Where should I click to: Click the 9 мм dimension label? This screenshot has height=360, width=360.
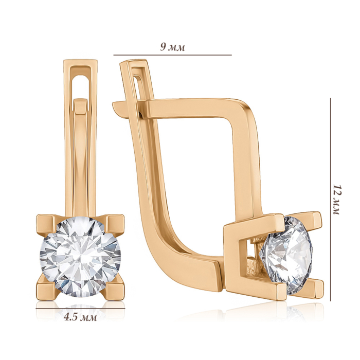[x=172, y=47]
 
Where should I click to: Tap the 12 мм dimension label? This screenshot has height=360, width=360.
[x=337, y=200]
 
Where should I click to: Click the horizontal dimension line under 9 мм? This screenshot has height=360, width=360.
[x=172, y=55]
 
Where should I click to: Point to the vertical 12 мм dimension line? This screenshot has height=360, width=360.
[x=330, y=200]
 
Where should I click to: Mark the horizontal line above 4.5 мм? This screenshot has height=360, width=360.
[x=80, y=309]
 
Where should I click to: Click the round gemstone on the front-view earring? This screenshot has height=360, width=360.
[x=80, y=257]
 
